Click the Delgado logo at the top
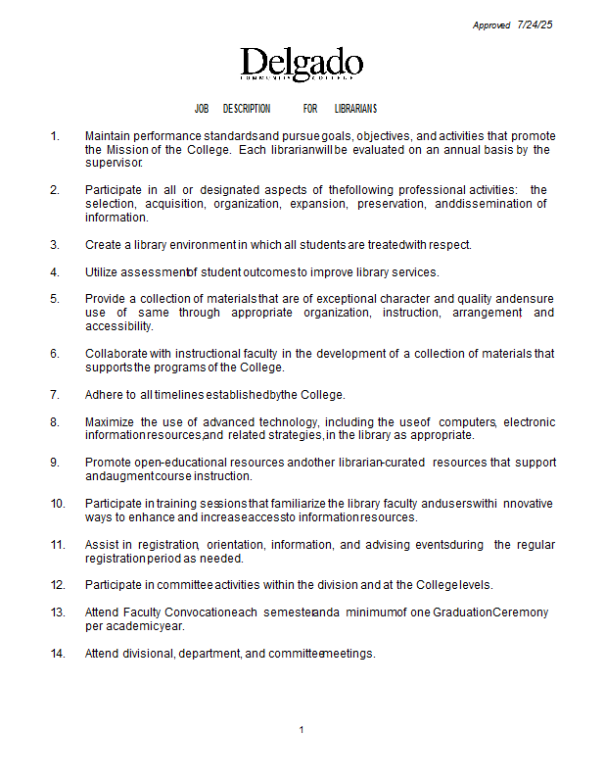(302, 65)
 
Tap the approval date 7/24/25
(535, 25)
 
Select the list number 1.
(55, 136)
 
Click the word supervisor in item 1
(115, 164)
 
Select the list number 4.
(55, 271)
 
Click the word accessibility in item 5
(118, 326)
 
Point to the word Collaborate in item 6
(116, 354)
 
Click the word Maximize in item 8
(111, 422)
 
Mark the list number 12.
(58, 585)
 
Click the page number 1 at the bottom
(302, 730)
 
